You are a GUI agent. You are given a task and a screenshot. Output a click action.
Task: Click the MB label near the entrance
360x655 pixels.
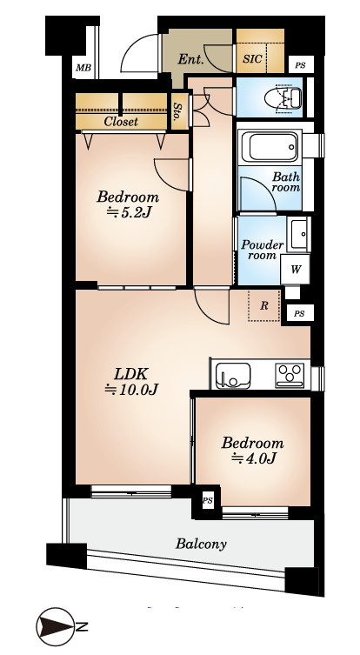tap(83, 67)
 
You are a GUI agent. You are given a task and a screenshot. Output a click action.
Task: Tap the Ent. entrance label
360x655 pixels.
tap(190, 60)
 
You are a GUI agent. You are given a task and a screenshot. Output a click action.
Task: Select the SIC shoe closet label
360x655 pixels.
tap(253, 58)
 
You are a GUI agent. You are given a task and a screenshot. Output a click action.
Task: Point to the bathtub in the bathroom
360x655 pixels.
tap(270, 147)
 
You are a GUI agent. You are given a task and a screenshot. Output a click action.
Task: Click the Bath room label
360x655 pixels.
tap(286, 182)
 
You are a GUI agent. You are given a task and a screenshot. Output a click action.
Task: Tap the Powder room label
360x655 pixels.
tap(262, 250)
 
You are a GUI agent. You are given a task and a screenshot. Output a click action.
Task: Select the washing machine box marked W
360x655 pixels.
tap(296, 270)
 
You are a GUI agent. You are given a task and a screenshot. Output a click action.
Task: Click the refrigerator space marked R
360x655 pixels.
tap(264, 306)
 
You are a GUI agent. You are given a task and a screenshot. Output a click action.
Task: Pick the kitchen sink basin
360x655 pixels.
tap(233, 375)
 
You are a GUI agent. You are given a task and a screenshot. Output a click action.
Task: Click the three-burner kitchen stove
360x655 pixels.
tap(290, 375)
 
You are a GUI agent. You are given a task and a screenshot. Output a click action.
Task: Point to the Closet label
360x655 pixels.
tap(121, 122)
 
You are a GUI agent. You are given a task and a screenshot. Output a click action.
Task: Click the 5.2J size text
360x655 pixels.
tap(129, 213)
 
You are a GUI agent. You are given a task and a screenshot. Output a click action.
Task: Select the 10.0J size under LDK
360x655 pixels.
tap(130, 390)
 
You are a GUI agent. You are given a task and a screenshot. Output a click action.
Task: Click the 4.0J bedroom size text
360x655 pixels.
tap(254, 458)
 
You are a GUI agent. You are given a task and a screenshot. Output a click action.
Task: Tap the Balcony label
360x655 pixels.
tap(201, 544)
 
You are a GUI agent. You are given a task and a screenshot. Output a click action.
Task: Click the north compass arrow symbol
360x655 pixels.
tap(56, 626)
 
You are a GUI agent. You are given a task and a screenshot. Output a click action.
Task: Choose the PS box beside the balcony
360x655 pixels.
tap(208, 501)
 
